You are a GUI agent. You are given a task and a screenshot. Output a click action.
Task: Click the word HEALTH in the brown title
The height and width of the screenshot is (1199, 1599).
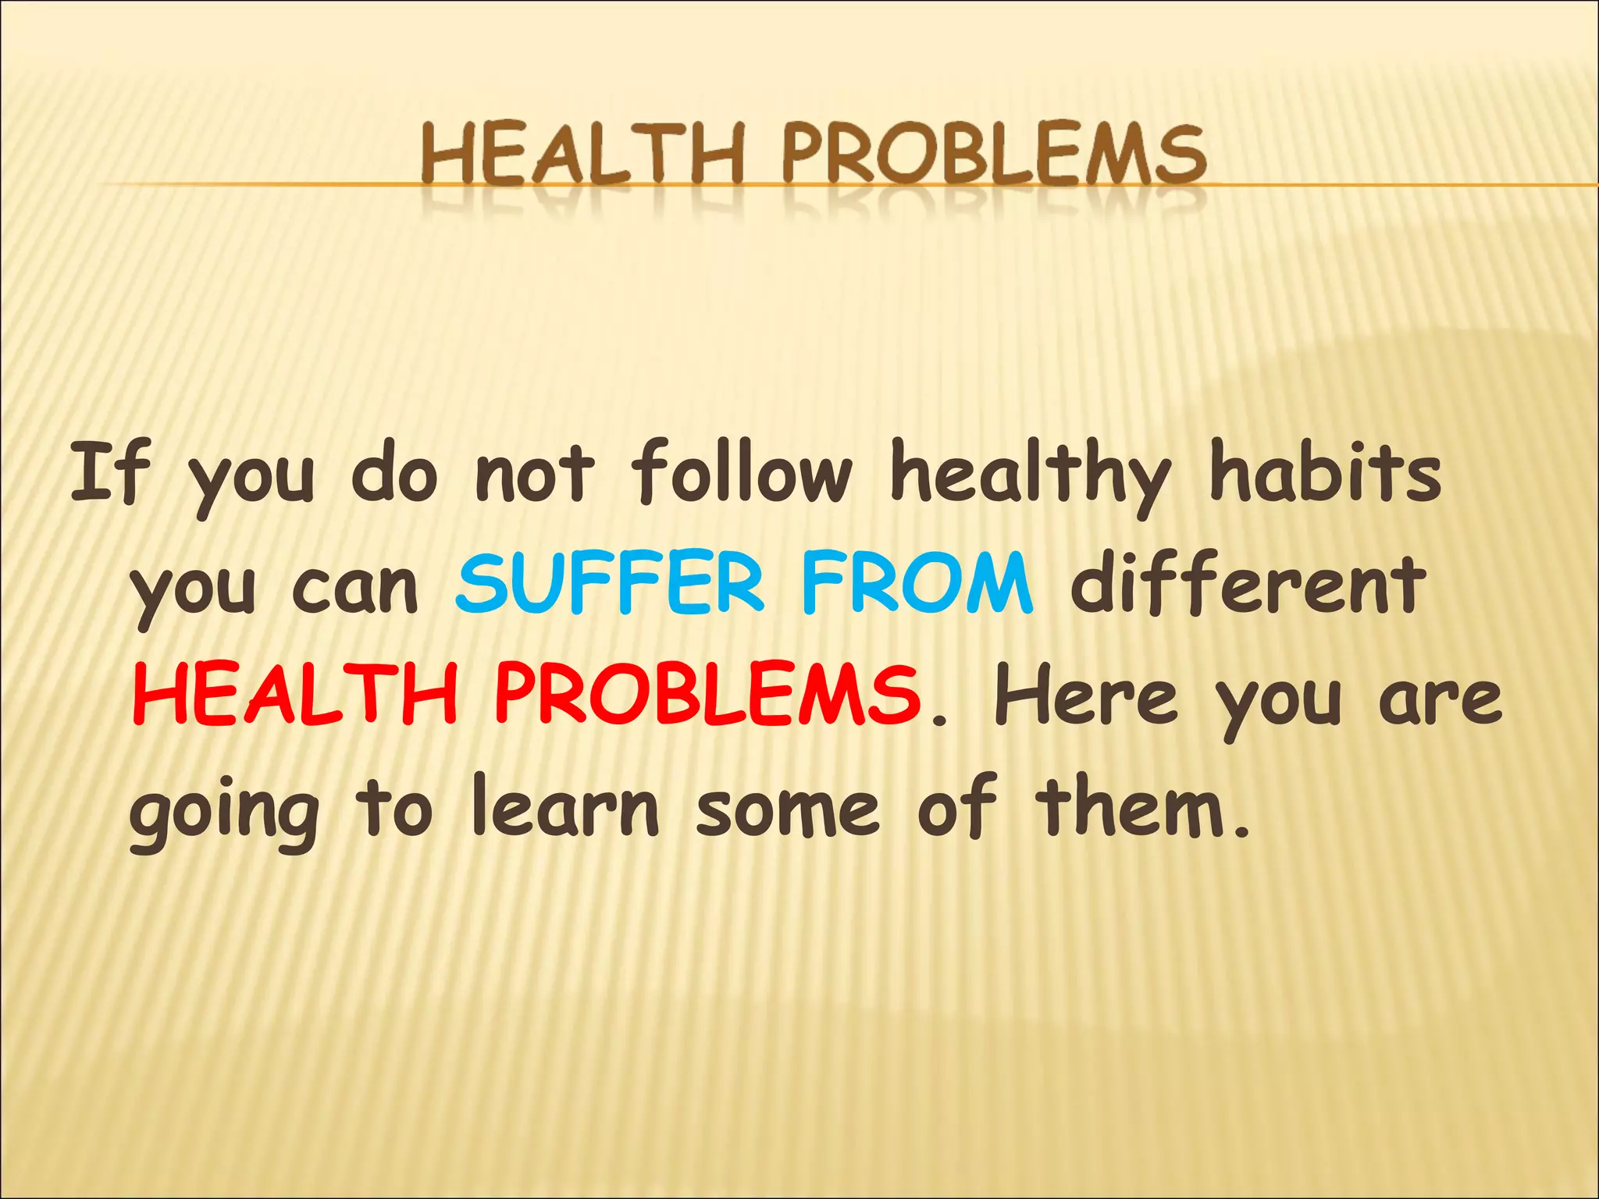582,156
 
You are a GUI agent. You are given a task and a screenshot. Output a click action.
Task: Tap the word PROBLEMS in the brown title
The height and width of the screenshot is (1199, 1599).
994,156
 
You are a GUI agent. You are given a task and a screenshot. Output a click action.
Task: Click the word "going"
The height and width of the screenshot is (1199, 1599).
224,812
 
